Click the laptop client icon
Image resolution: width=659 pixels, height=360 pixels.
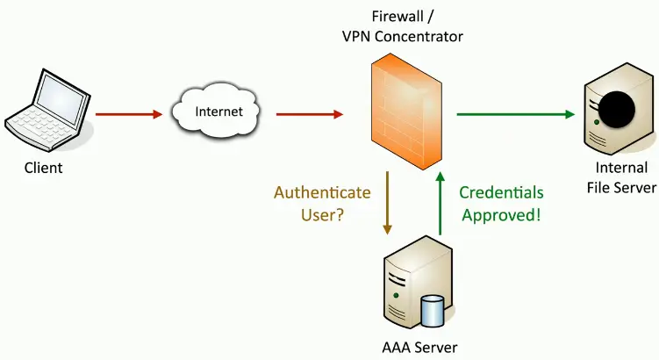tap(44, 109)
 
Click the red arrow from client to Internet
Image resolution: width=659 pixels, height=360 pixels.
tap(129, 113)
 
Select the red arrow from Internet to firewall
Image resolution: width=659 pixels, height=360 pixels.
tap(310, 113)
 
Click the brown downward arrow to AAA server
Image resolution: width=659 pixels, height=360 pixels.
tap(387, 203)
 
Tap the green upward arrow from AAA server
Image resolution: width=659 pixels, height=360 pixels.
tap(440, 203)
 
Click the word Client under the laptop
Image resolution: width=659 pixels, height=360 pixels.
tap(43, 166)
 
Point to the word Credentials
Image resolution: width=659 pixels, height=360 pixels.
tap(502, 192)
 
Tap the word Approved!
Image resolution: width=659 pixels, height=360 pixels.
tap(501, 213)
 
